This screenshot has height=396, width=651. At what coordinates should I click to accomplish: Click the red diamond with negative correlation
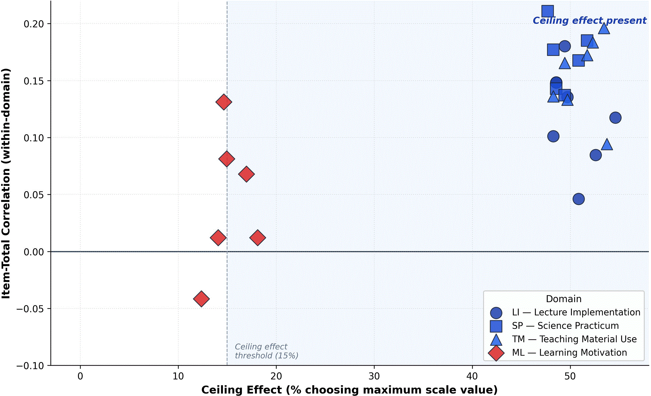click(201, 299)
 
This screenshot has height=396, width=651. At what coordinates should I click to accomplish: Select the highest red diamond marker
click(223, 102)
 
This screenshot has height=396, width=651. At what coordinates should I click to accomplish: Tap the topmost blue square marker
click(547, 12)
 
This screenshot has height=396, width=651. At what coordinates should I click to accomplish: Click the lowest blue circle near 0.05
click(579, 199)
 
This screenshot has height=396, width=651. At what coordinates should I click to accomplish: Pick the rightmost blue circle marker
click(615, 118)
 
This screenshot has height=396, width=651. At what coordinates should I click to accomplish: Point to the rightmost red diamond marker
click(257, 238)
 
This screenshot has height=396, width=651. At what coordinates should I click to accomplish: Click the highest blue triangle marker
click(604, 29)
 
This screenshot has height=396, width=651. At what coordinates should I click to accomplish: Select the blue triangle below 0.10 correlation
click(607, 144)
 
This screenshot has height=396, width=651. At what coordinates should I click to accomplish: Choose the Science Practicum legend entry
click(554, 326)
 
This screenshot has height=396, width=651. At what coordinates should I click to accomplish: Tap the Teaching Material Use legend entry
click(563, 339)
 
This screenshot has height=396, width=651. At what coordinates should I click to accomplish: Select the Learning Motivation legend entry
click(558, 353)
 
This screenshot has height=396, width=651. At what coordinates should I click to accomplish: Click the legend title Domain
click(564, 299)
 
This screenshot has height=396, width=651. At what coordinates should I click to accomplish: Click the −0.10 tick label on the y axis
click(30, 366)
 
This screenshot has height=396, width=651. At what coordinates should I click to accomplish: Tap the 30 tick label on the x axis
click(374, 376)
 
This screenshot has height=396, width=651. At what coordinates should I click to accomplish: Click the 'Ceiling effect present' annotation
click(590, 21)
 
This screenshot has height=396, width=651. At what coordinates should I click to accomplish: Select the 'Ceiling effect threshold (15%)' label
click(267, 351)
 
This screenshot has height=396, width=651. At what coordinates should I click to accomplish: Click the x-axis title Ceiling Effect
click(349, 390)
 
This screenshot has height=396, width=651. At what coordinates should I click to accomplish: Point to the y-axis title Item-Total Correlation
click(6, 183)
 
